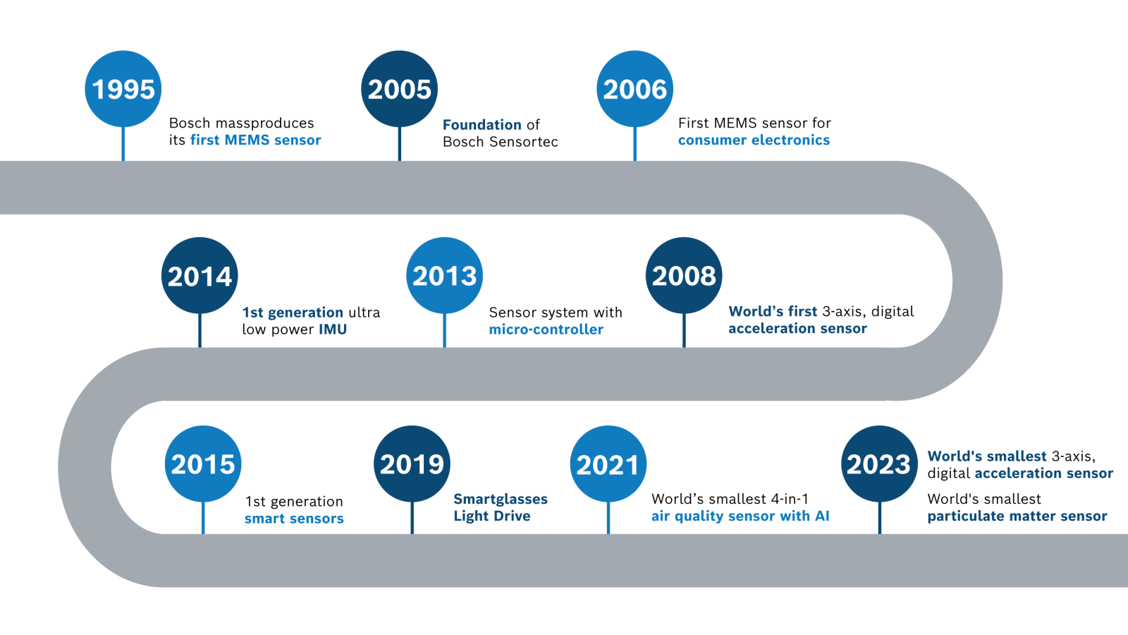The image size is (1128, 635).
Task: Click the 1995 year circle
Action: click(x=123, y=89)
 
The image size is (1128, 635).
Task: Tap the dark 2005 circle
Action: click(x=399, y=89)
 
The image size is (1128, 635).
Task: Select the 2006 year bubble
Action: click(x=634, y=89)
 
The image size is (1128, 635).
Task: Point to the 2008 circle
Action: click(x=684, y=275)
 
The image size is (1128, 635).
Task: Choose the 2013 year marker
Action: click(x=444, y=275)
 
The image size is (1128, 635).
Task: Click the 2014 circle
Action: click(x=200, y=275)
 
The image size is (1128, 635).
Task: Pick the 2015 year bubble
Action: click(x=203, y=464)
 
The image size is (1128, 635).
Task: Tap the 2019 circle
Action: click(x=412, y=464)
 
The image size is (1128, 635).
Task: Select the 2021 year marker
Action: click(x=608, y=464)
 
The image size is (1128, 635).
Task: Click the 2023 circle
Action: click(x=879, y=464)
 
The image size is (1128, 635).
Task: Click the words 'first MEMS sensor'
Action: click(x=255, y=140)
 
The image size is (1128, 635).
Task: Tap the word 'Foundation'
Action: click(x=482, y=125)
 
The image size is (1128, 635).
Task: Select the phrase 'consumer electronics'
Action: click(x=754, y=140)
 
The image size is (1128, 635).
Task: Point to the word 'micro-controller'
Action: click(x=546, y=329)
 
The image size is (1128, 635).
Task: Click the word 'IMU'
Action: click(x=332, y=329)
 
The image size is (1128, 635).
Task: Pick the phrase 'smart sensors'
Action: click(x=294, y=519)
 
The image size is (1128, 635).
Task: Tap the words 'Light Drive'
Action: click(x=491, y=516)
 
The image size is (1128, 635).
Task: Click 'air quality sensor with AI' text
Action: click(x=740, y=516)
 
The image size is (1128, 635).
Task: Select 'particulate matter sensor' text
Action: click(x=1017, y=516)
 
